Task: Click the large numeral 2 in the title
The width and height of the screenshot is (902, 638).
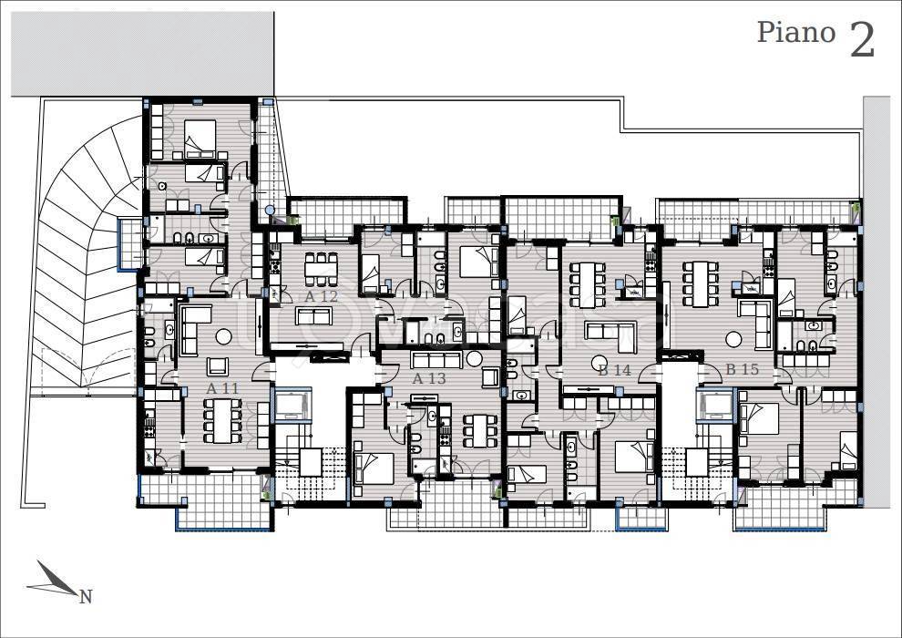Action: (x=862, y=40)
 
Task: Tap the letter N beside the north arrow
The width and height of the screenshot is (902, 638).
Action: (x=86, y=597)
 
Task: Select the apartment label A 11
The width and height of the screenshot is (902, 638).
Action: (x=222, y=388)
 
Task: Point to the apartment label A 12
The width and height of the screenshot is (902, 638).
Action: (x=321, y=297)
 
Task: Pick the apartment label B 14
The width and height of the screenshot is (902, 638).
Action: (x=614, y=370)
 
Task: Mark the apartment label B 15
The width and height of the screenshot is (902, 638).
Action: (x=742, y=369)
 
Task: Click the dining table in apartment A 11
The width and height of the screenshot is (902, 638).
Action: (x=222, y=420)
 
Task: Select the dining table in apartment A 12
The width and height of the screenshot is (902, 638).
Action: (x=321, y=269)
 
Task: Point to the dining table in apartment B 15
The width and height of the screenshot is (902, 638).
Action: (x=700, y=284)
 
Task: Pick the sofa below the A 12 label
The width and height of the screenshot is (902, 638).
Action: (x=313, y=316)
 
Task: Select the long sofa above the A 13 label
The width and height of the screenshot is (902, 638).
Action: (x=436, y=359)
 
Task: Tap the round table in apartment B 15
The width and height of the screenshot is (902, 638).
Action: (x=733, y=339)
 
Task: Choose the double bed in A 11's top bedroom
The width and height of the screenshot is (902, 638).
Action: (x=200, y=138)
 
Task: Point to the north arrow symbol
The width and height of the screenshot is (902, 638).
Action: (x=53, y=580)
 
